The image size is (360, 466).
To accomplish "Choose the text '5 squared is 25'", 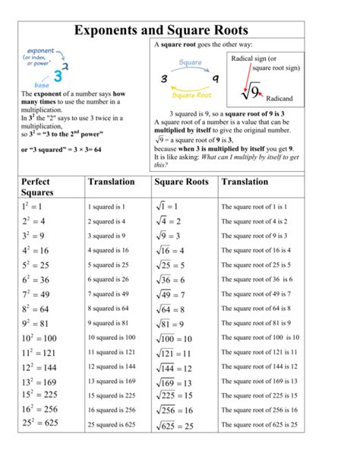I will [x=109, y=265].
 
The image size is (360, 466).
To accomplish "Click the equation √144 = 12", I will [x=174, y=366].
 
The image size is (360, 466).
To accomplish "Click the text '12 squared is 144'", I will [x=111, y=366].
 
